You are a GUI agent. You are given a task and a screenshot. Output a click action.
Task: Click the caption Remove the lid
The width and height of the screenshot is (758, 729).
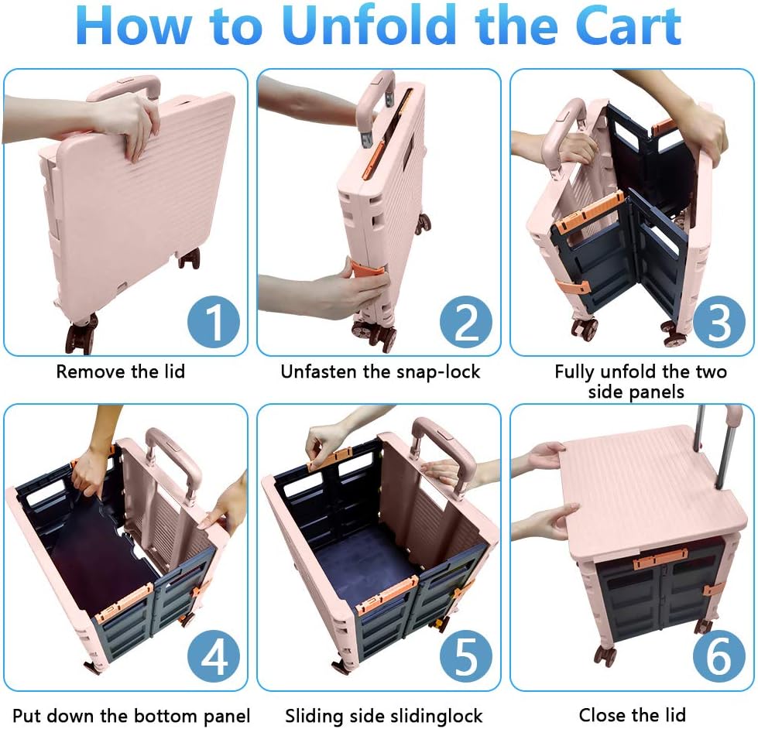tap(120, 371)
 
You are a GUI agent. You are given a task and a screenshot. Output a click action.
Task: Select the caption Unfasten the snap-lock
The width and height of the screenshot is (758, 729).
tap(380, 371)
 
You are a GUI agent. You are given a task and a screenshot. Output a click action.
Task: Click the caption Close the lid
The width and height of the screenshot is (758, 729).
tap(632, 714)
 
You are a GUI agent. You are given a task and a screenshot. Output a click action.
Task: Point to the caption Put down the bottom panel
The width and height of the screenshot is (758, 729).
tap(131, 714)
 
